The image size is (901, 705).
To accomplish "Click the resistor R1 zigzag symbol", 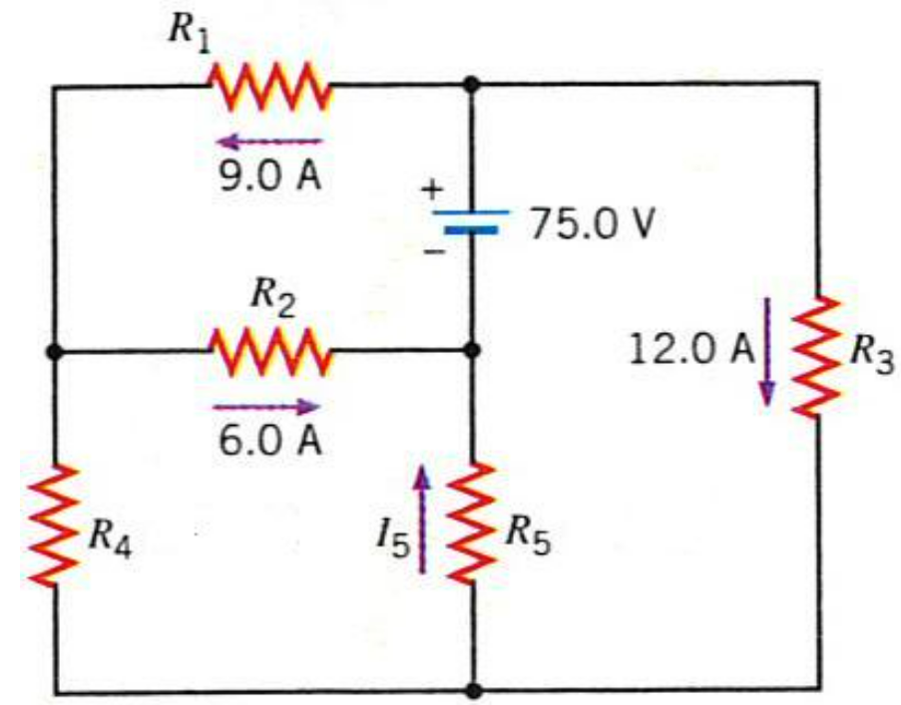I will point(267,86).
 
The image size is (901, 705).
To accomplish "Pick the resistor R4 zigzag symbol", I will point(56,525).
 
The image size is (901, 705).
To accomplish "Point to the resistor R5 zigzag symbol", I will point(472,522).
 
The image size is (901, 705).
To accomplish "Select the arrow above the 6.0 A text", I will point(266,406).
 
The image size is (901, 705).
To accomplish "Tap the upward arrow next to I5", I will point(424,522).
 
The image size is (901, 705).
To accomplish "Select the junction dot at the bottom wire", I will point(472,689).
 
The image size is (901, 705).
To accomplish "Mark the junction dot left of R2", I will point(56,351).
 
